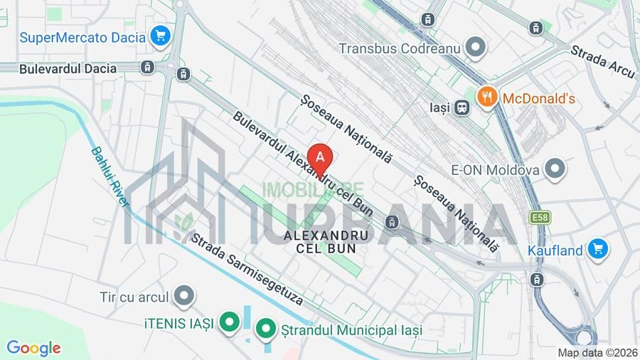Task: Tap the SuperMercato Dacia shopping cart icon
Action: [160, 36]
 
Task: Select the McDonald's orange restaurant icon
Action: [486, 97]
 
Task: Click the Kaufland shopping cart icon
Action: [597, 249]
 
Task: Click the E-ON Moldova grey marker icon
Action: [554, 169]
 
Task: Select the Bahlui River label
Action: [110, 177]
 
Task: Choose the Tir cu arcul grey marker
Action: [184, 295]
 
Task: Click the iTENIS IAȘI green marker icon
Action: [229, 323]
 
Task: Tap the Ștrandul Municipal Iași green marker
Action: [265, 329]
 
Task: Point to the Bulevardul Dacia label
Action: [68, 68]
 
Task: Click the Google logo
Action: [33, 348]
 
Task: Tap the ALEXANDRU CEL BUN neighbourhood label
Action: [326, 241]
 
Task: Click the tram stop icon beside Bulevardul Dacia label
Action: [147, 68]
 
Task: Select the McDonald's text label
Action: [538, 98]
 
